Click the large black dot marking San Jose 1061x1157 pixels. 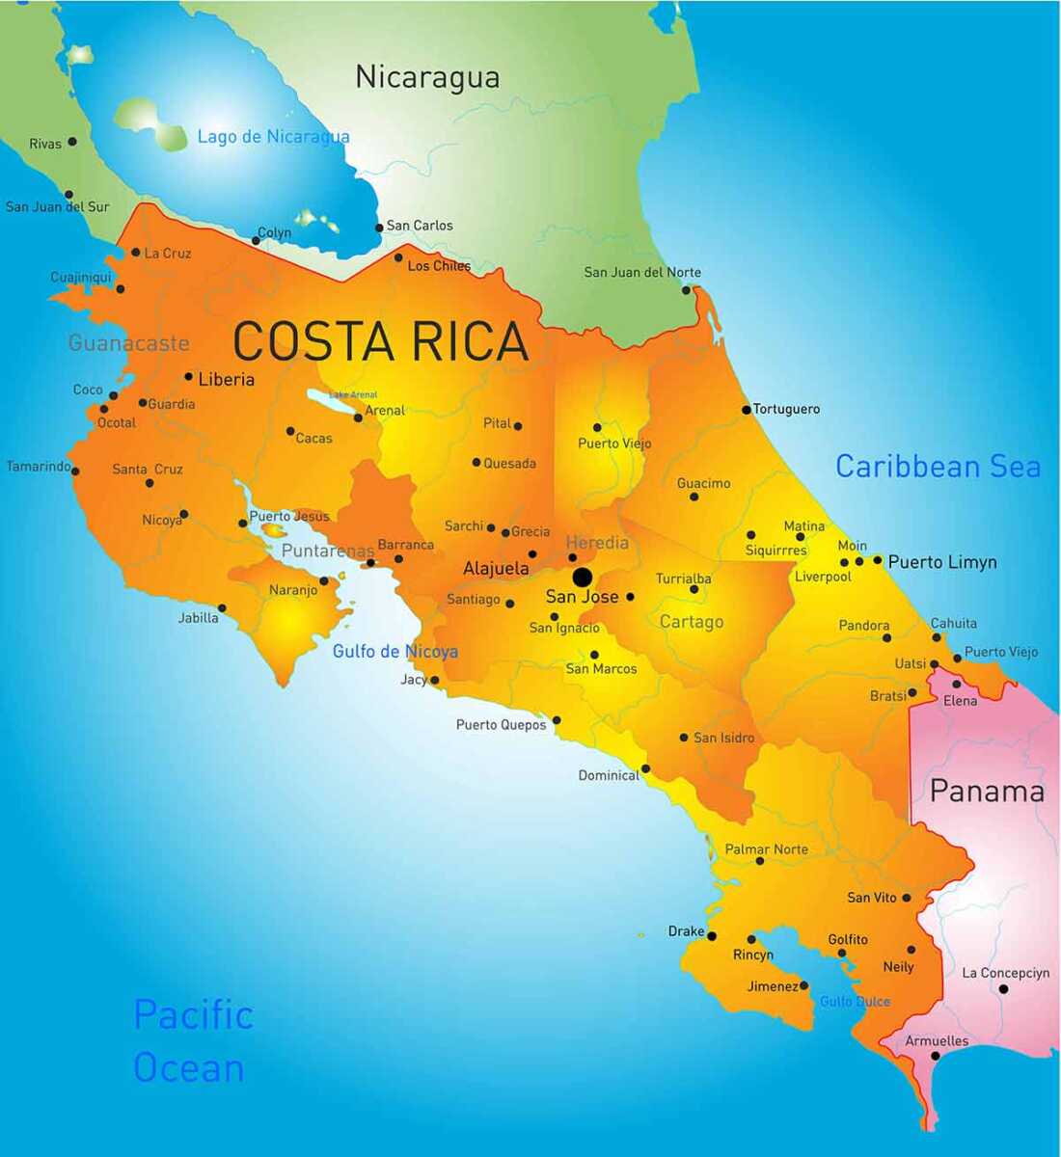pyautogui.click(x=582, y=577)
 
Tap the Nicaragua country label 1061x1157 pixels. pyautogui.click(x=427, y=77)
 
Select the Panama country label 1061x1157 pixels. pyautogui.click(x=987, y=792)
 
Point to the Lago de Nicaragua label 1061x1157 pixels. pyautogui.click(x=273, y=137)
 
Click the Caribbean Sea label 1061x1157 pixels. pyautogui.click(x=938, y=467)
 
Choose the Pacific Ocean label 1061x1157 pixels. pyautogui.click(x=192, y=1041)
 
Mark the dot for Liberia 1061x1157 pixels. pyautogui.click(x=189, y=377)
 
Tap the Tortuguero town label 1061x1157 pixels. pyautogui.click(x=786, y=409)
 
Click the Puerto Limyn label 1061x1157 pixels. pyautogui.click(x=942, y=562)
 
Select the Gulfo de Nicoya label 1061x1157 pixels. pyautogui.click(x=394, y=652)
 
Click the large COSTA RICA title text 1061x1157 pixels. pyautogui.click(x=381, y=341)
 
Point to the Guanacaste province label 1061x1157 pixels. pyautogui.click(x=128, y=342)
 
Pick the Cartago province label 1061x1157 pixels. pyautogui.click(x=692, y=622)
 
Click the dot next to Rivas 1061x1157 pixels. pyautogui.click(x=71, y=142)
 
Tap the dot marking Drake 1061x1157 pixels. pyautogui.click(x=712, y=936)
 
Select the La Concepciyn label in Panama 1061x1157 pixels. pyautogui.click(x=1005, y=973)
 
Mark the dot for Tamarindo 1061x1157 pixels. pyautogui.click(x=75, y=471)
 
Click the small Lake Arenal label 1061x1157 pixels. pyautogui.click(x=353, y=394)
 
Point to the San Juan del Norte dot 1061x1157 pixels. pyautogui.click(x=687, y=289)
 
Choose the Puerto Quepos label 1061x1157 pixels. pyautogui.click(x=501, y=725)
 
